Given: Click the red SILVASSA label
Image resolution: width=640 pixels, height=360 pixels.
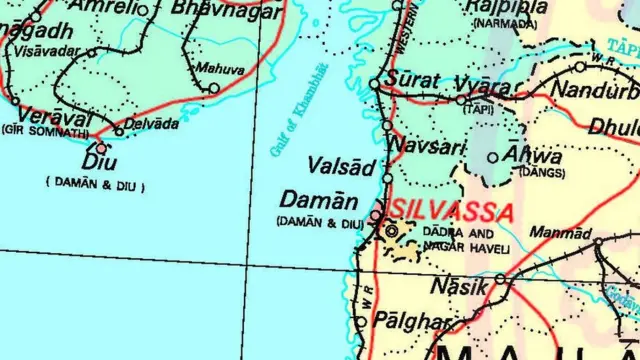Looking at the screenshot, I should pos(454,212).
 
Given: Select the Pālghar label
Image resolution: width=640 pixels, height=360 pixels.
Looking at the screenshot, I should pos(411,321).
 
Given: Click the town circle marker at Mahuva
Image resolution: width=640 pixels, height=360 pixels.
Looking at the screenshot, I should pos(214,88).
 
